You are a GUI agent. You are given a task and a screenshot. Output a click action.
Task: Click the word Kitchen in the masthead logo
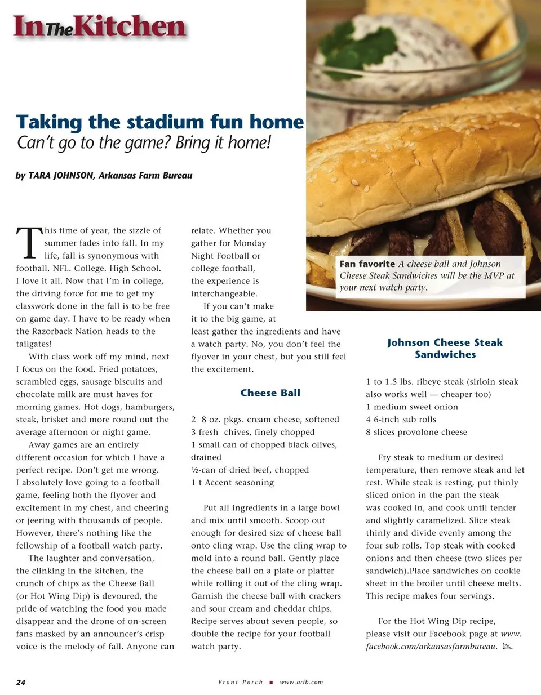click(x=130, y=27)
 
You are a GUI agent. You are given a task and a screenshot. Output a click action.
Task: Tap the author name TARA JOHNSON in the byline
click(x=61, y=176)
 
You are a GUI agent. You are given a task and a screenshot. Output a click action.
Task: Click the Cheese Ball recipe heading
click(x=270, y=393)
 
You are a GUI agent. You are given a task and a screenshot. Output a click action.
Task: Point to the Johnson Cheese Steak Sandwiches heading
click(x=445, y=349)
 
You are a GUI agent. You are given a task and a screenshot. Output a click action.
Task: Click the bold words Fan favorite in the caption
click(x=367, y=264)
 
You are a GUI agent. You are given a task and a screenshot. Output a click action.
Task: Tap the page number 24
click(x=21, y=682)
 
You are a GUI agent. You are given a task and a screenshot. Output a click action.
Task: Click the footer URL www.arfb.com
click(x=301, y=682)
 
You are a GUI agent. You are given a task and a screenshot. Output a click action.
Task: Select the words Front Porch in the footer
click(x=241, y=682)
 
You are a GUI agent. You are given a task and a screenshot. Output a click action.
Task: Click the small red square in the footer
click(x=271, y=682)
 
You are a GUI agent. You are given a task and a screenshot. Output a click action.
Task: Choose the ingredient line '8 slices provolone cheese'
click(x=416, y=433)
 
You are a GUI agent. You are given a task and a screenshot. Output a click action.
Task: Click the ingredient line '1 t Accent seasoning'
click(x=232, y=483)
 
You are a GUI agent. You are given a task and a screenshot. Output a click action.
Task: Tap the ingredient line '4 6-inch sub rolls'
click(x=401, y=420)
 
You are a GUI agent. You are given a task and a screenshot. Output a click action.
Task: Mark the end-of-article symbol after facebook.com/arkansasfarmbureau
click(x=507, y=647)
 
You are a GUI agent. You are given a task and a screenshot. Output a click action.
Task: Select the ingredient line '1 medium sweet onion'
click(x=412, y=407)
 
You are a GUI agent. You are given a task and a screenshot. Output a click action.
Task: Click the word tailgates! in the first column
click(x=34, y=344)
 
